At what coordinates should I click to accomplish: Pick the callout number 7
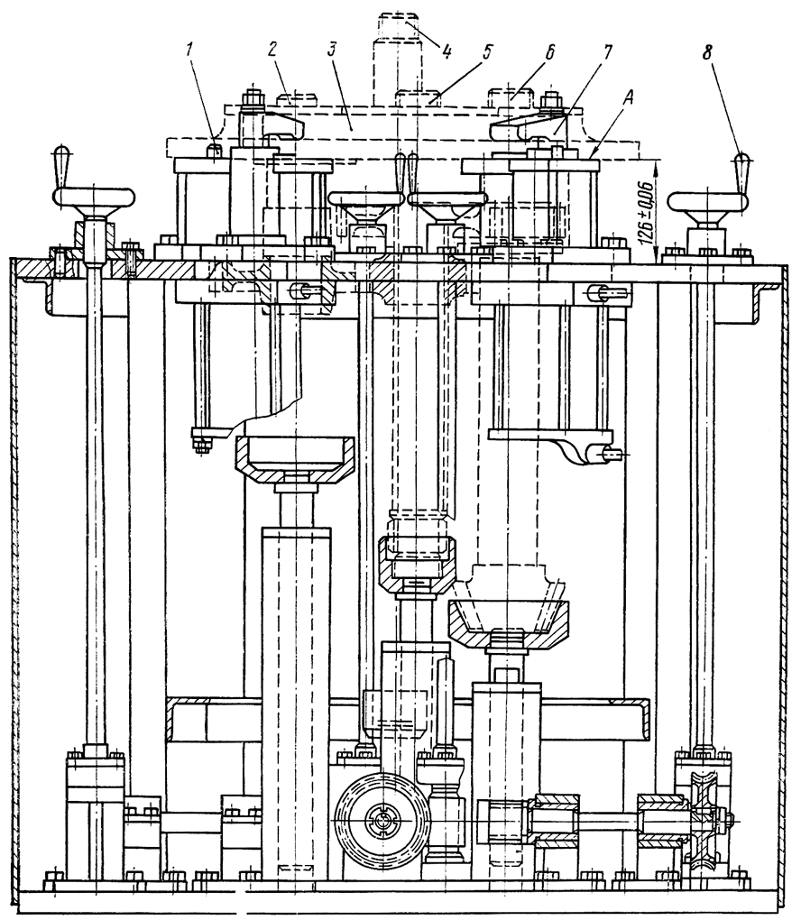pyautogui.click(x=606, y=51)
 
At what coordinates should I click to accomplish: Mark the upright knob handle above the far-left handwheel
pyautogui.click(x=62, y=166)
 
